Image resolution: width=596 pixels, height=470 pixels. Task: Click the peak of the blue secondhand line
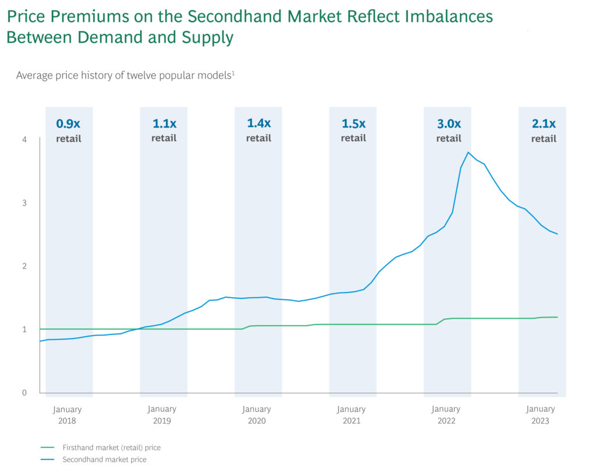[468, 152]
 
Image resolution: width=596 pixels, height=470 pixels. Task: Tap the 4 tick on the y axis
[24, 139]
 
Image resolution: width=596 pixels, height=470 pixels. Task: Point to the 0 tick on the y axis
[24, 393]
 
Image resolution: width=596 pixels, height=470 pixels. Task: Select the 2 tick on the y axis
[24, 266]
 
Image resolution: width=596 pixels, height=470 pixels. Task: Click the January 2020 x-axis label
[257, 415]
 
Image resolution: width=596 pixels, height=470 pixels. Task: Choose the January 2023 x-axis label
[540, 415]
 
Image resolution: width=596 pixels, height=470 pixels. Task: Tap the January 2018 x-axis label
[67, 415]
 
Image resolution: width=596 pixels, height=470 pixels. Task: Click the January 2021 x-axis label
[352, 415]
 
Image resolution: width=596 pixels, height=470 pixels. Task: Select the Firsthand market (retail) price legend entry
[111, 448]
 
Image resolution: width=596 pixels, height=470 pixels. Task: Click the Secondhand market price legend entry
[104, 460]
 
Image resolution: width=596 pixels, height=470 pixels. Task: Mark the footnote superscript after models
[233, 72]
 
